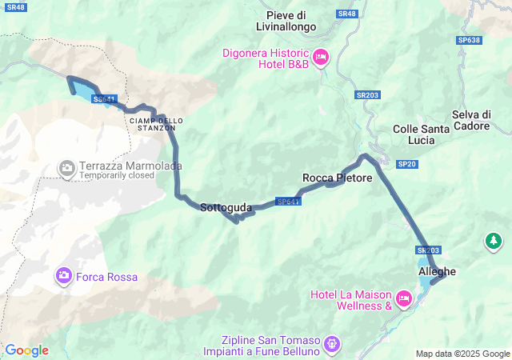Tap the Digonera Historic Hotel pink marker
pyautogui.click(x=320, y=56)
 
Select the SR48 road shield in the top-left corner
pyautogui.click(x=15, y=7)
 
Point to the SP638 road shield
pyautogui.click(x=470, y=40)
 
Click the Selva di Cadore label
pyautogui.click(x=481, y=119)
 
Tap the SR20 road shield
pyautogui.click(x=407, y=164)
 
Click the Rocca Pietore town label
pyautogui.click(x=337, y=178)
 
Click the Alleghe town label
pyautogui.click(x=437, y=271)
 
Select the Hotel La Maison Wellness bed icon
pyautogui.click(x=404, y=298)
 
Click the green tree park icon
pyautogui.click(x=494, y=240)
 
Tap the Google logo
pyautogui.click(x=26, y=350)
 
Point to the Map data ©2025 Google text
pyautogui.click(x=462, y=354)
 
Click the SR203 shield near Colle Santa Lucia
pyautogui.click(x=368, y=95)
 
